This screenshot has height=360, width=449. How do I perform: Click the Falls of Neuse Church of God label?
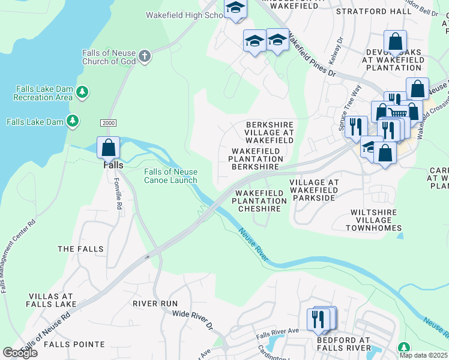click(x=109, y=57)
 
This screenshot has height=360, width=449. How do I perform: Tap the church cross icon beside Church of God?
click(x=144, y=57)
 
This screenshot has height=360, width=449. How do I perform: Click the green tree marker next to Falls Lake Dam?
click(x=73, y=121)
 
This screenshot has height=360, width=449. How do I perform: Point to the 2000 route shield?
click(x=107, y=122)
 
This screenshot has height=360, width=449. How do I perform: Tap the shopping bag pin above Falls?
click(x=108, y=147)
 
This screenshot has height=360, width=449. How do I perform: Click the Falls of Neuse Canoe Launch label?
click(x=170, y=176)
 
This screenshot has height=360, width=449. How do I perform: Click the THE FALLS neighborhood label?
click(x=80, y=248)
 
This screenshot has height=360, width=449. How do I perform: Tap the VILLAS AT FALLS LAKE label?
click(x=51, y=300)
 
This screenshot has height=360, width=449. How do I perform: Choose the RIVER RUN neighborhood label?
click(x=155, y=304)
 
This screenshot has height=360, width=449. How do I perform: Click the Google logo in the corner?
click(x=19, y=353)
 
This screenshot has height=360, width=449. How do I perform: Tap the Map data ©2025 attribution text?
click(x=424, y=355)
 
